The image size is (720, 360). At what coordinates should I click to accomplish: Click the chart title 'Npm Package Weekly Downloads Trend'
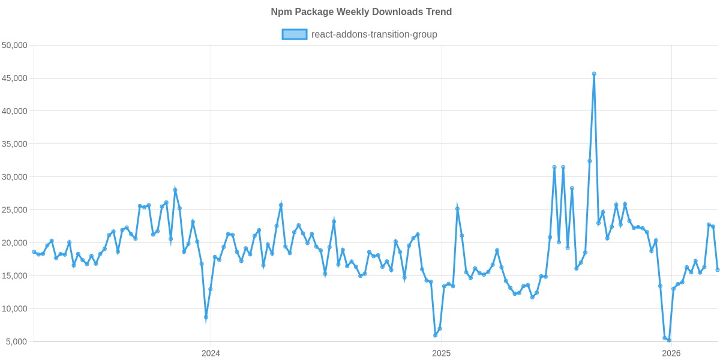(361, 12)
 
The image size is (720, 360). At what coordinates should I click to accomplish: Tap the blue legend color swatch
(294, 34)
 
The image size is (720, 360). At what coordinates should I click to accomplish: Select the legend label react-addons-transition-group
(374, 34)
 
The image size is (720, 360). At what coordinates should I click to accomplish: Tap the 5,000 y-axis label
(18, 342)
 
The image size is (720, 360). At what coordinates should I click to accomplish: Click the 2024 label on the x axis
(211, 353)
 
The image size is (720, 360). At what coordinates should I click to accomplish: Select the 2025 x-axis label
(441, 353)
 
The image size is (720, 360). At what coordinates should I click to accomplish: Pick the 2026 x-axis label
(670, 353)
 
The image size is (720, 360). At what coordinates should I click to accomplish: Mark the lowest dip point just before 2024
(206, 317)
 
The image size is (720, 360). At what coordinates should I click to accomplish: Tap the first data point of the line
(34, 251)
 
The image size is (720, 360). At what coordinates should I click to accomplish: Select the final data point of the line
(718, 270)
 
